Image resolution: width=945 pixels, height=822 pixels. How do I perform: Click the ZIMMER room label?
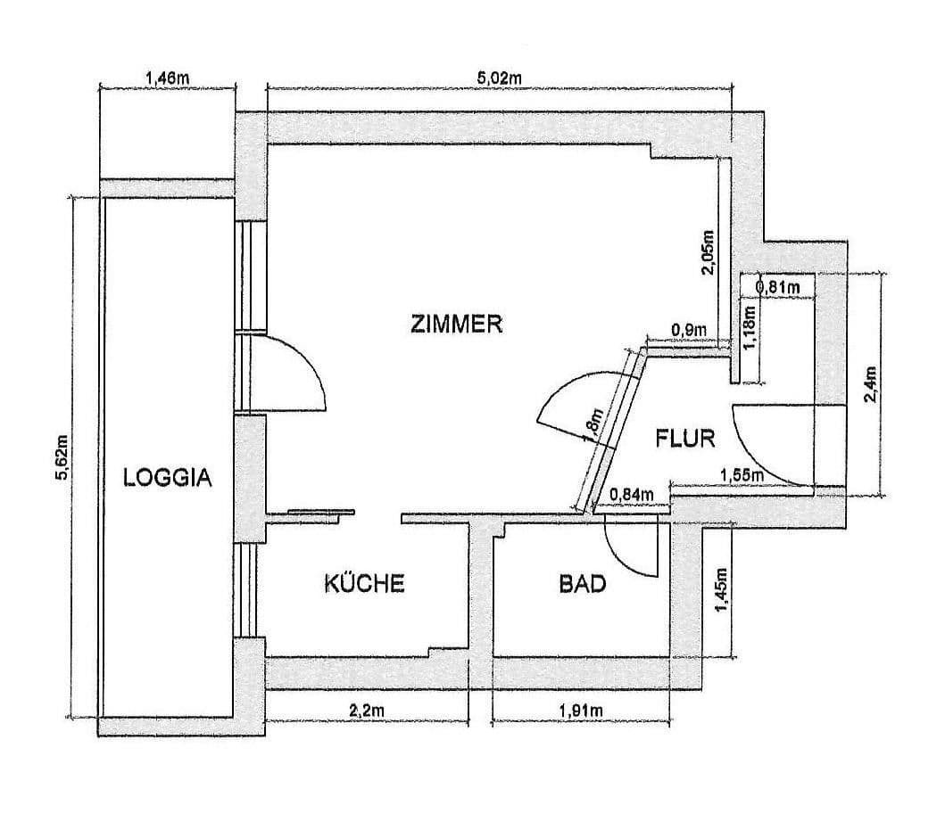pyautogui.click(x=457, y=324)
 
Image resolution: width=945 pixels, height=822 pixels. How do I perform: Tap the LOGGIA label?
pyautogui.click(x=168, y=478)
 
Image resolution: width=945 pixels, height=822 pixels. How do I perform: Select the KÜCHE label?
pyautogui.click(x=364, y=584)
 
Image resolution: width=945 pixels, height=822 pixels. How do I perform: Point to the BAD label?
pyautogui.click(x=583, y=585)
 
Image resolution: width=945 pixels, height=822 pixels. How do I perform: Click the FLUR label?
pyautogui.click(x=686, y=439)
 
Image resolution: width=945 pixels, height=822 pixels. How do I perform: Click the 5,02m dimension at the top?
pyautogui.click(x=499, y=78)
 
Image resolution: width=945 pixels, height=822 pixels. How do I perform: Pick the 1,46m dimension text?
pyautogui.click(x=167, y=78)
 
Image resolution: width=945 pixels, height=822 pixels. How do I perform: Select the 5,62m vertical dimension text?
pyautogui.click(x=61, y=456)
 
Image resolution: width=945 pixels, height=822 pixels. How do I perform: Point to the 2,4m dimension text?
pyautogui.click(x=872, y=384)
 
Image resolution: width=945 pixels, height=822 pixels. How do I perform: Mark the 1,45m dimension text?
pyautogui.click(x=721, y=590)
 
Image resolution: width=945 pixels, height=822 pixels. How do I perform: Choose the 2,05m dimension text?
pyautogui.click(x=709, y=252)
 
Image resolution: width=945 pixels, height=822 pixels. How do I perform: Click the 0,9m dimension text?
pyautogui.click(x=689, y=331)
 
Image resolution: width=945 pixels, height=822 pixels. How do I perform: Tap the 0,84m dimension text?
pyautogui.click(x=631, y=496)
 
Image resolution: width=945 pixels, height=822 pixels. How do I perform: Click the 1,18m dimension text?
pyautogui.click(x=750, y=328)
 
